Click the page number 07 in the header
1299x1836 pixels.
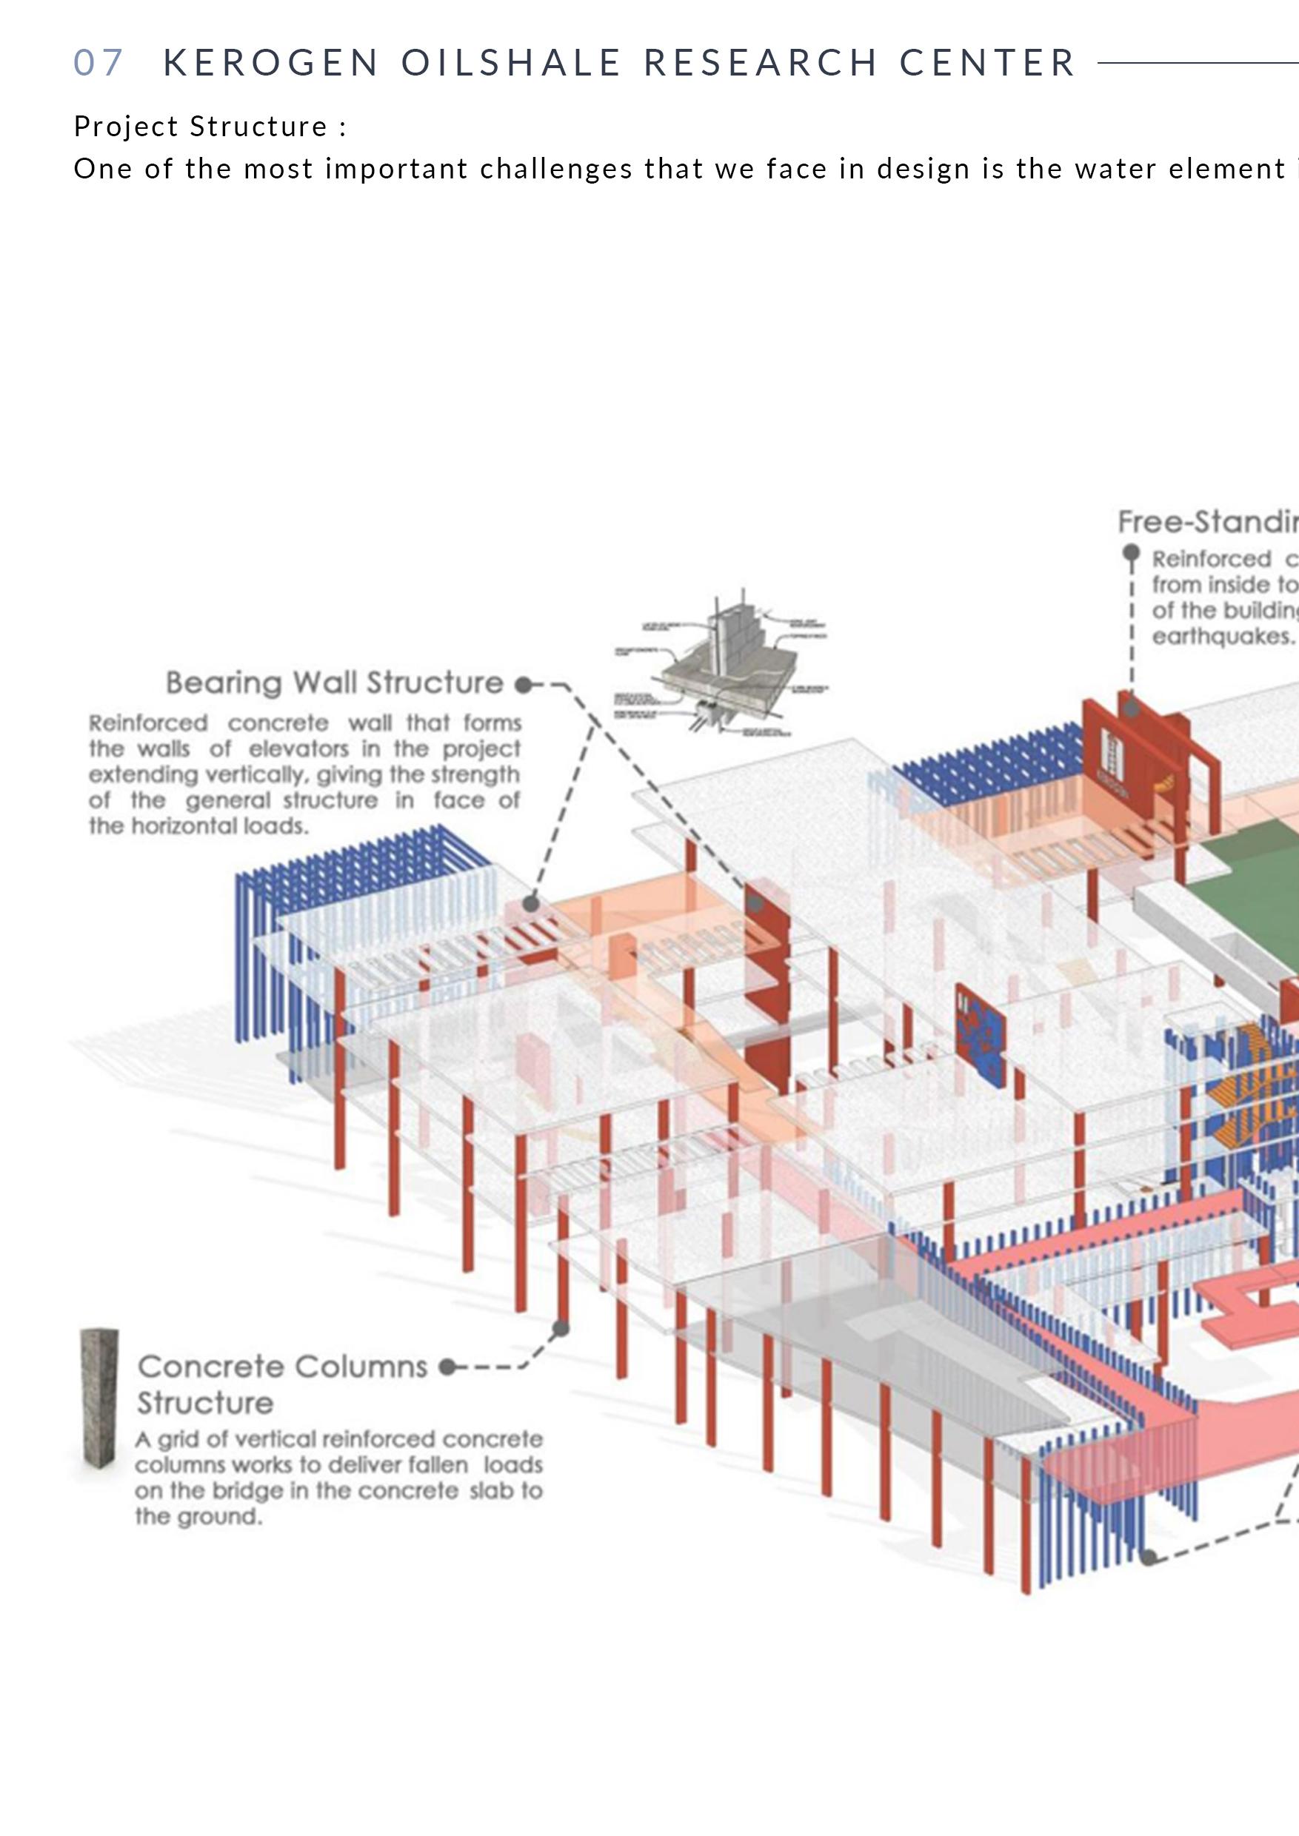[x=98, y=62]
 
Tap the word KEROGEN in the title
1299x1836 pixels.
[x=271, y=62]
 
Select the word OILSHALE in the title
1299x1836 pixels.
[x=511, y=62]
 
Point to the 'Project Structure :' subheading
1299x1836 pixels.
[x=210, y=127]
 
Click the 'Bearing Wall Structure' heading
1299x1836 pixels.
[x=334, y=682]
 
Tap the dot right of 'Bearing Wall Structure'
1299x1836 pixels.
[x=523, y=685]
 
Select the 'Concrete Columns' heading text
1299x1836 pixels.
[x=282, y=1367]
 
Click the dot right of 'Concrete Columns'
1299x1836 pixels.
[x=447, y=1367]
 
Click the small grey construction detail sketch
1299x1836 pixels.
[x=721, y=666]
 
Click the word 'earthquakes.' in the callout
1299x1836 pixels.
[x=1222, y=637]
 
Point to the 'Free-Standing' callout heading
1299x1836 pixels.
[x=1208, y=521]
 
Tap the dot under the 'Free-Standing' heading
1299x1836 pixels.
[x=1131, y=552]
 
